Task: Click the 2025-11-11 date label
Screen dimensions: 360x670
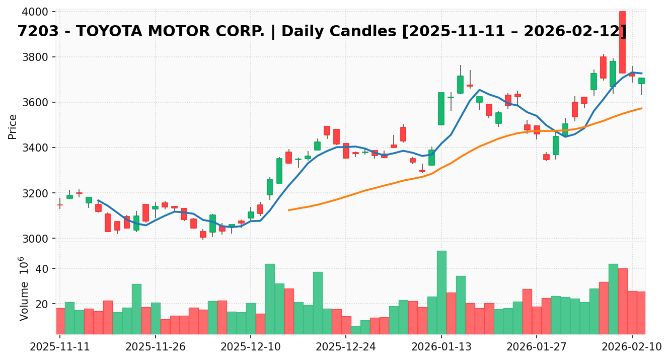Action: click(60, 347)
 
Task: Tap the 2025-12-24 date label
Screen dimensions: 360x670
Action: click(346, 347)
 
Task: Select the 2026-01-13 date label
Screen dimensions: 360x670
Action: click(441, 347)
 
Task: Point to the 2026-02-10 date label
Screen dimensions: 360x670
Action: click(632, 347)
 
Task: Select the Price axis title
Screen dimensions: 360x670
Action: click(13, 126)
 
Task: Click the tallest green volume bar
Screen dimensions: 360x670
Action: click(441, 292)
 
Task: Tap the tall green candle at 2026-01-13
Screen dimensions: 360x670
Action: click(441, 109)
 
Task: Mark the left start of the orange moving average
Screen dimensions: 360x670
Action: click(288, 210)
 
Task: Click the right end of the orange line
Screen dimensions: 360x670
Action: click(641, 108)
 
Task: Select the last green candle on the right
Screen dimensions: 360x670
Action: click(641, 81)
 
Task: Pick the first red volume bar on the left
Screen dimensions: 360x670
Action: click(60, 321)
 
